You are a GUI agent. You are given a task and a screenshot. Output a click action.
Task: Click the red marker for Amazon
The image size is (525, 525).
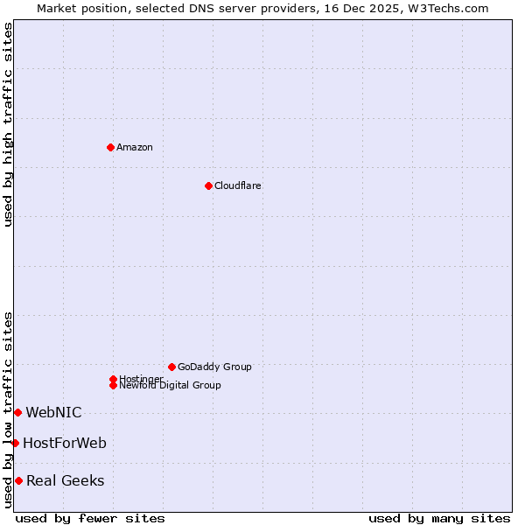click(110, 147)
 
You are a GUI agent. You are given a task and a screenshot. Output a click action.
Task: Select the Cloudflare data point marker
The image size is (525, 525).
click(208, 185)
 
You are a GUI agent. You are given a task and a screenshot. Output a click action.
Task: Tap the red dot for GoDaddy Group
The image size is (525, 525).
click(171, 367)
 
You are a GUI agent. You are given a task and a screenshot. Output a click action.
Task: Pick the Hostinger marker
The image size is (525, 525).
click(113, 379)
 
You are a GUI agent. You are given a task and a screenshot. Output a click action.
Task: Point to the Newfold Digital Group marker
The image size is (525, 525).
click(113, 386)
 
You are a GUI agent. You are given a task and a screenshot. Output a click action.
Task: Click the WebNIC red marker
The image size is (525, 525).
click(17, 412)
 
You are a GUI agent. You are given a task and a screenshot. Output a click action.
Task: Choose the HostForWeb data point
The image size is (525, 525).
click(15, 443)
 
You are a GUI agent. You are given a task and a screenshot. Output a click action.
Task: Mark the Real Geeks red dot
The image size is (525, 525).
click(18, 480)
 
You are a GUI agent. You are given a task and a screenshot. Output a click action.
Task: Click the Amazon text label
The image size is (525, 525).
click(135, 147)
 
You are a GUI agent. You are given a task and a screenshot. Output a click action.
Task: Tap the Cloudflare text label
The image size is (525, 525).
click(238, 185)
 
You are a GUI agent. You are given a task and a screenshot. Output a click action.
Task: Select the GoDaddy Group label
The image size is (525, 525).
click(214, 367)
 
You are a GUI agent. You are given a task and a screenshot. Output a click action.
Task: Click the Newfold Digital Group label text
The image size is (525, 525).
click(171, 386)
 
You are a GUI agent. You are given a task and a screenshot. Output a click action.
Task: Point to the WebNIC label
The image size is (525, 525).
click(53, 412)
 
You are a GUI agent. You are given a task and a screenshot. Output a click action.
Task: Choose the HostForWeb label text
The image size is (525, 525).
click(65, 443)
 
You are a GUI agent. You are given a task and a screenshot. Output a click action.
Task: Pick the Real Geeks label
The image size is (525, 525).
click(66, 480)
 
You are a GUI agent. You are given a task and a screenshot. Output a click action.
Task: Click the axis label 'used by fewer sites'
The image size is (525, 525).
click(90, 518)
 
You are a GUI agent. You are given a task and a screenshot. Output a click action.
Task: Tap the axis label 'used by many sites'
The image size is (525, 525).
click(439, 518)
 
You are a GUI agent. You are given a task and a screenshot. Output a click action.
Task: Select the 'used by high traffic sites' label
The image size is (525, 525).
click(8, 124)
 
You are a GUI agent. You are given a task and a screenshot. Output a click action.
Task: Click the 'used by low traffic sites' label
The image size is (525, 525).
click(8, 409)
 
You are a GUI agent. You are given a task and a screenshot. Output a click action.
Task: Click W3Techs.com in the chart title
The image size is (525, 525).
click(445, 8)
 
